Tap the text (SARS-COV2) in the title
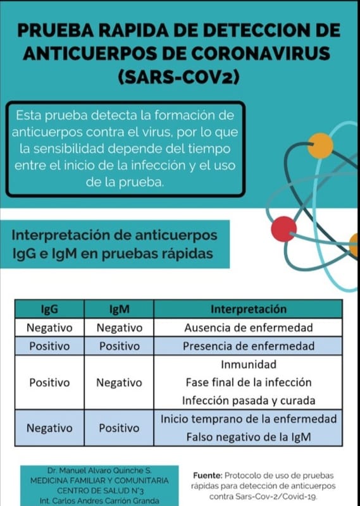click(180, 77)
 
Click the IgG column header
click(49, 309)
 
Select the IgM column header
click(119, 309)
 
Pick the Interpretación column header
click(248, 309)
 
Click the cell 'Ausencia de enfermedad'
click(248, 328)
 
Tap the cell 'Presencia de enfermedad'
click(248, 346)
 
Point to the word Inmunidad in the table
click(248, 364)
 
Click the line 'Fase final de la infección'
click(248, 383)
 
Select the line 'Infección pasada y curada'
click(248, 401)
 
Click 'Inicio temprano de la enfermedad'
click(248, 419)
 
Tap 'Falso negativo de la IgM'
click(248, 437)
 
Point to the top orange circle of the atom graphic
click(320, 146)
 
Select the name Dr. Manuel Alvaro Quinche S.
click(95, 471)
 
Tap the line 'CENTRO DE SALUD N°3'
click(95, 490)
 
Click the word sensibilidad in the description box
click(68, 149)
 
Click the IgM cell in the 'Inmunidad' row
click(119, 383)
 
